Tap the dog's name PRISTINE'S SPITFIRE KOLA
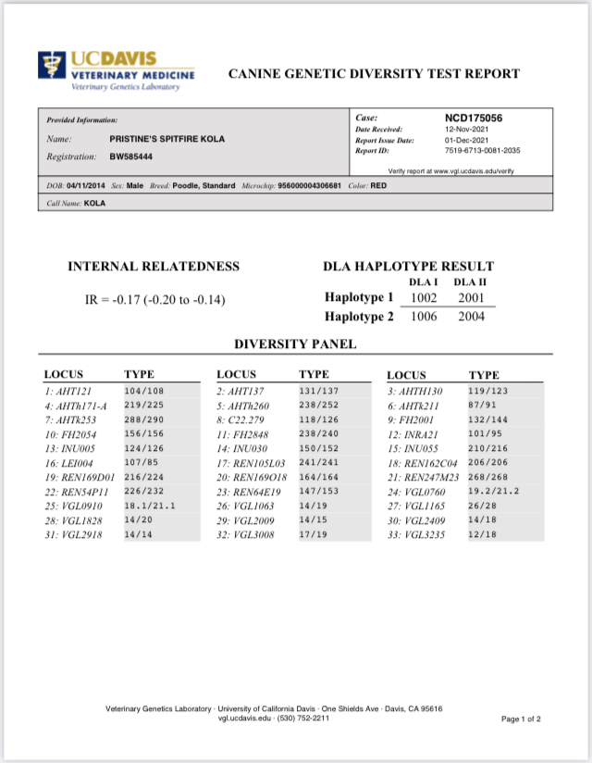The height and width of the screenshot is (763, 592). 166,139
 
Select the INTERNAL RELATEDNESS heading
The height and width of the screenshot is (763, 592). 154,267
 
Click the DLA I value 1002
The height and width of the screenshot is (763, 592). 424,297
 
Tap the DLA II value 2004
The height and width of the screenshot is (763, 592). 470,317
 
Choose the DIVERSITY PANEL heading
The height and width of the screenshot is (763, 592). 295,344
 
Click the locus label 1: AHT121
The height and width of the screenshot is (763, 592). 68,392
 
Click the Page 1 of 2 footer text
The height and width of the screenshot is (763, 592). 521,719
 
